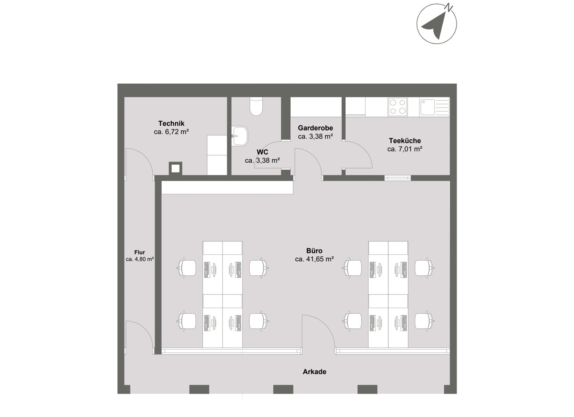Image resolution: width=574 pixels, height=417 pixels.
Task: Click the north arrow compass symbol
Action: click(x=436, y=23)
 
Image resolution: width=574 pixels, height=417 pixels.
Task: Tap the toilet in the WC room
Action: click(x=256, y=106)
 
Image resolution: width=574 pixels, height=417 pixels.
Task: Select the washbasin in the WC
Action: click(x=240, y=136)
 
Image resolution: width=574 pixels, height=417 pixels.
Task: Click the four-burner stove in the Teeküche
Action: click(x=397, y=107)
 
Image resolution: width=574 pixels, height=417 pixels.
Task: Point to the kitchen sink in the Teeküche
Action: click(x=434, y=107)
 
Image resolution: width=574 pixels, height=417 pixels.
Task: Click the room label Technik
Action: click(x=172, y=123)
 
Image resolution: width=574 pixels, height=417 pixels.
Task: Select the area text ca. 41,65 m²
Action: click(x=314, y=259)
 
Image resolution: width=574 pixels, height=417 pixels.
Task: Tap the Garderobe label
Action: click(x=315, y=128)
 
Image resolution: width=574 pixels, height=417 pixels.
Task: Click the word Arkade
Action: click(x=315, y=372)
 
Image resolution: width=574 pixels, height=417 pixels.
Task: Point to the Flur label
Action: click(x=140, y=252)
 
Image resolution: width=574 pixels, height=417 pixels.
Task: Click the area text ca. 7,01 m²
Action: click(x=405, y=149)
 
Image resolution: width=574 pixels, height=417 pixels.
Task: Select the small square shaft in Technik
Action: click(x=175, y=168)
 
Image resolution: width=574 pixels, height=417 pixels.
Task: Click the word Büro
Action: click(x=314, y=251)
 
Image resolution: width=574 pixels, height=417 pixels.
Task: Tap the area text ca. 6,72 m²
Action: click(x=172, y=132)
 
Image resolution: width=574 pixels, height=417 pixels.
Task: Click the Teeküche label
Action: click(x=405, y=141)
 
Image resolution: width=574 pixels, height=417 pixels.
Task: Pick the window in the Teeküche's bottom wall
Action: click(x=398, y=178)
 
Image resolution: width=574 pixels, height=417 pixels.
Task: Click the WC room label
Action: click(x=262, y=152)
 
